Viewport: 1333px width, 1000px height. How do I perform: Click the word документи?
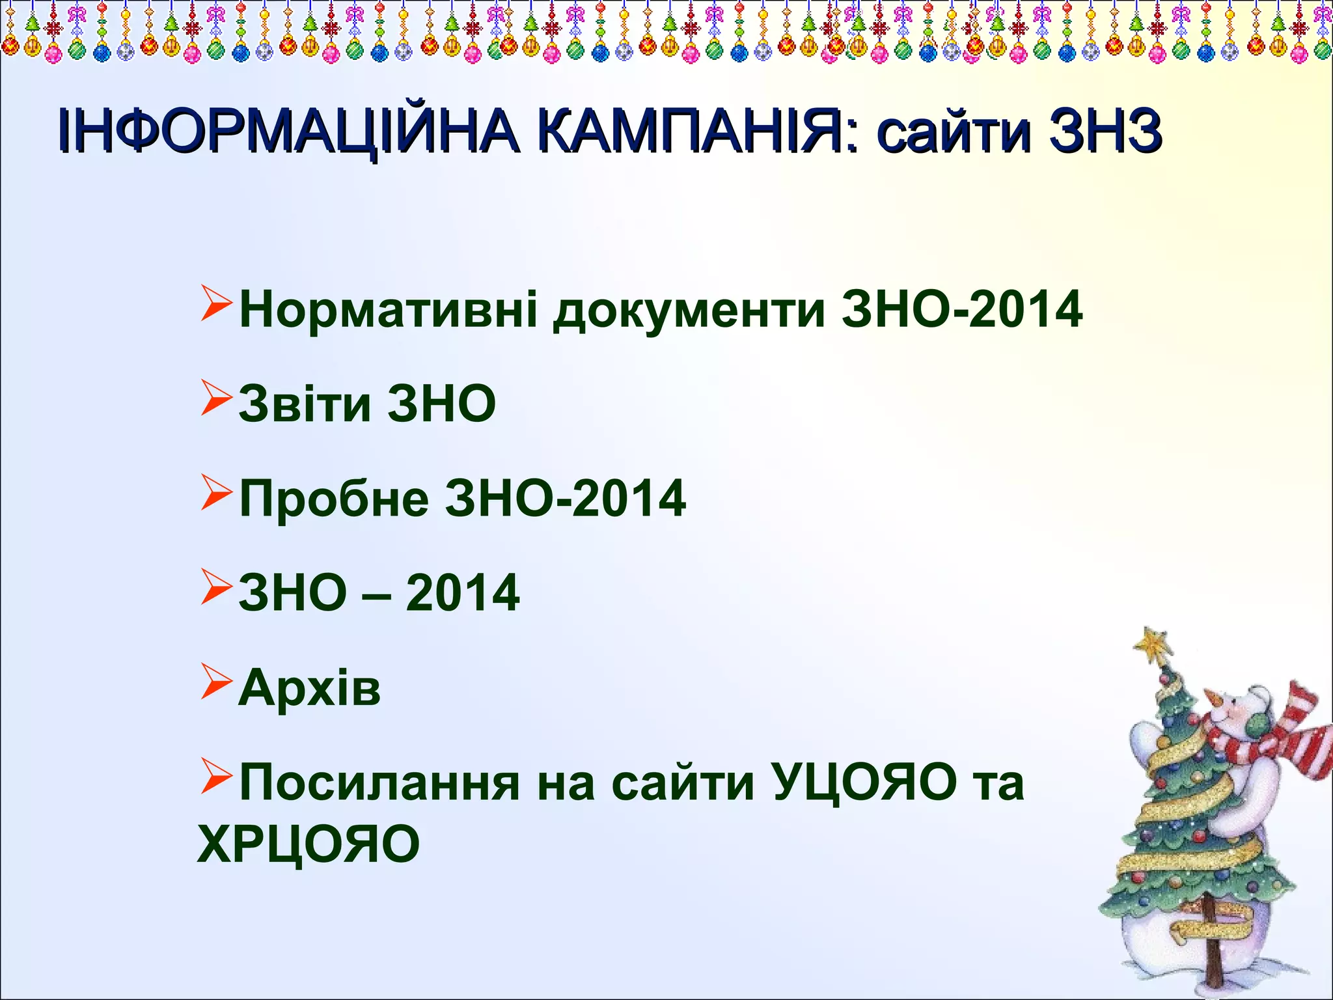point(689,311)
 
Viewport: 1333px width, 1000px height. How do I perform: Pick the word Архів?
point(309,687)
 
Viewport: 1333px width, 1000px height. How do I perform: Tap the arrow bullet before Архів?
point(215,681)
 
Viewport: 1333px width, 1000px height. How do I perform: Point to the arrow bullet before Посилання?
point(215,776)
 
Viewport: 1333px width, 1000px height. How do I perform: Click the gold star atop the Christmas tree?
point(1154,644)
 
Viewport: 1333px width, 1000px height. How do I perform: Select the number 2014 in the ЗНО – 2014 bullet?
point(462,593)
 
